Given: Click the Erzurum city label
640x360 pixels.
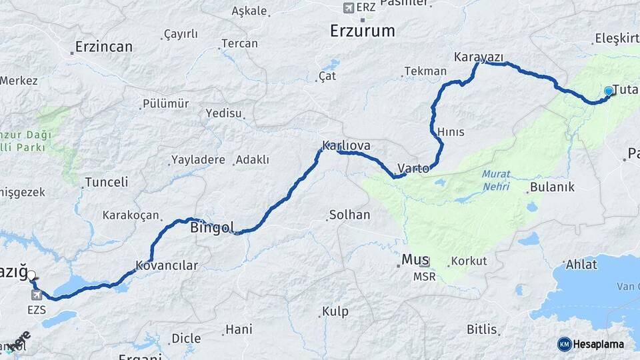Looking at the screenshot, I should (363, 31).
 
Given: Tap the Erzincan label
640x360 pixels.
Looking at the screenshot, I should (103, 47).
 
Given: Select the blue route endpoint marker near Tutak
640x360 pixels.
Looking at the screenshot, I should (608, 91).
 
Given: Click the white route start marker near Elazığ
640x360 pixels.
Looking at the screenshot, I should (31, 275).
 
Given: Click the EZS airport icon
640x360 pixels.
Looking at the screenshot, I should (36, 295).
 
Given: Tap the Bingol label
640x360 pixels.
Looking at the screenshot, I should (212, 228).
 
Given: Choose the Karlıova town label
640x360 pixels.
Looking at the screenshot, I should (346, 145).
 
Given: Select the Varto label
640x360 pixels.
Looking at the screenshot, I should (413, 168).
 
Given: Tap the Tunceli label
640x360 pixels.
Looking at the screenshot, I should (107, 183).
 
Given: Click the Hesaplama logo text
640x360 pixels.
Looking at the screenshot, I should (598, 344).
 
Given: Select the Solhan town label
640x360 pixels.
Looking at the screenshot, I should (349, 215).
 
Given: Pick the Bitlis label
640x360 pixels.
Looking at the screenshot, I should (481, 329).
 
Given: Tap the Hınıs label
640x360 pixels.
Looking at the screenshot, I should (451, 132).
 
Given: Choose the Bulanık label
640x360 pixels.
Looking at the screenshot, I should (552, 187).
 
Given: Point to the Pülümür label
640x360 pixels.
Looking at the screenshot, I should (165, 104).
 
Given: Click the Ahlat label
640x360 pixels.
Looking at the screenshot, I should (581, 265).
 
